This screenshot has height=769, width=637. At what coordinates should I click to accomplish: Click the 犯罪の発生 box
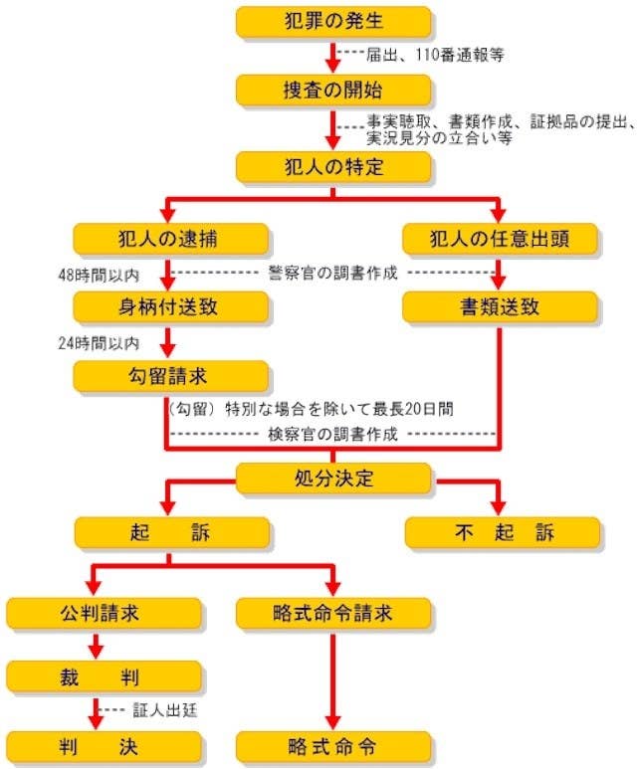(x=333, y=21)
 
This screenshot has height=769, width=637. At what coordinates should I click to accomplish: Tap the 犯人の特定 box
(x=333, y=165)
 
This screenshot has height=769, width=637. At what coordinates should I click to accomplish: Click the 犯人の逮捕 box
(x=171, y=239)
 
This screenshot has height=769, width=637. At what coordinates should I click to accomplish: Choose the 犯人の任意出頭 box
(x=501, y=239)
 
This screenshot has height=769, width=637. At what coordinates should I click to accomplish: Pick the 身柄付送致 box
(x=171, y=306)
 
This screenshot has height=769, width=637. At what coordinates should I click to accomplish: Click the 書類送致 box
(x=501, y=306)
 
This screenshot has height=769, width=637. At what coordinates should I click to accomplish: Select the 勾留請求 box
(x=171, y=376)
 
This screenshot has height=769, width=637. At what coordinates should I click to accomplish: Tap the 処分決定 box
(x=333, y=479)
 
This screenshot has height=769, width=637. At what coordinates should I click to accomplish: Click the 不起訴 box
(x=501, y=532)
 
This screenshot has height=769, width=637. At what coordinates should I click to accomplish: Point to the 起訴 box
(x=171, y=532)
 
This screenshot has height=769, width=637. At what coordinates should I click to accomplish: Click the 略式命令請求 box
(x=333, y=612)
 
